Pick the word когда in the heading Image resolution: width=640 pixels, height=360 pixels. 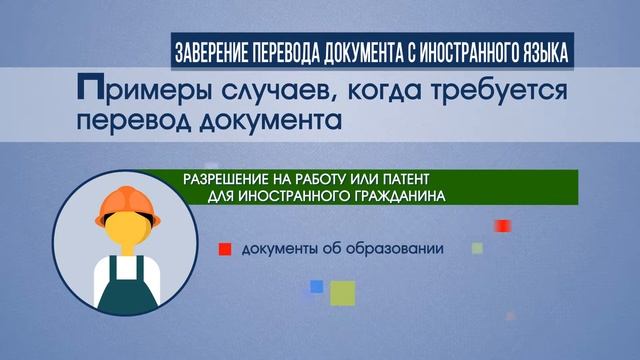(366, 92)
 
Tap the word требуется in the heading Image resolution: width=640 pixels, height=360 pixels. (484, 92)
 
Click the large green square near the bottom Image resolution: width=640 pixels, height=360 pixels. (344, 293)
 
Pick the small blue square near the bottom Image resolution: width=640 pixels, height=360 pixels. (316, 286)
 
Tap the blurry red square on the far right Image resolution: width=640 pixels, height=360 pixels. (503, 225)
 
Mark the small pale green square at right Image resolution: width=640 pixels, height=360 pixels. (478, 247)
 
